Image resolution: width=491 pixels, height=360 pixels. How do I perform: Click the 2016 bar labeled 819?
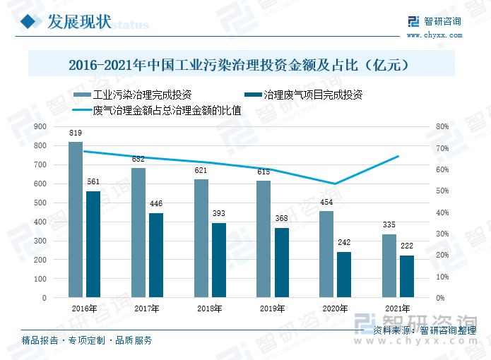(x=76, y=220)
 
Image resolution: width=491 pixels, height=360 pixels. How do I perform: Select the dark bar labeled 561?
(x=93, y=244)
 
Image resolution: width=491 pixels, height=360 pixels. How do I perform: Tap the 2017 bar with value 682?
(x=138, y=233)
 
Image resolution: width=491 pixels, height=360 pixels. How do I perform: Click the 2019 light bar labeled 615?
(x=264, y=239)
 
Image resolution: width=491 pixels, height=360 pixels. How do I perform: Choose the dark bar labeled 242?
(x=344, y=275)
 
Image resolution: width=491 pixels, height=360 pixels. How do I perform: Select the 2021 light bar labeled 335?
(x=389, y=266)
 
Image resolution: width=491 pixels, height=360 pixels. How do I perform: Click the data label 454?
(x=326, y=203)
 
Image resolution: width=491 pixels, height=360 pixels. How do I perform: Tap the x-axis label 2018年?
(x=210, y=309)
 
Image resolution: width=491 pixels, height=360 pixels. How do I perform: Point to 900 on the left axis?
(x=40, y=126)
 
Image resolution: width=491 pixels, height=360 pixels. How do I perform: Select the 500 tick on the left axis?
(x=40, y=203)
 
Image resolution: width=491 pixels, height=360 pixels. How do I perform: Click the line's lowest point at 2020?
(x=335, y=184)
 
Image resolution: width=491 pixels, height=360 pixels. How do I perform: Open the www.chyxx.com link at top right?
(x=433, y=34)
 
